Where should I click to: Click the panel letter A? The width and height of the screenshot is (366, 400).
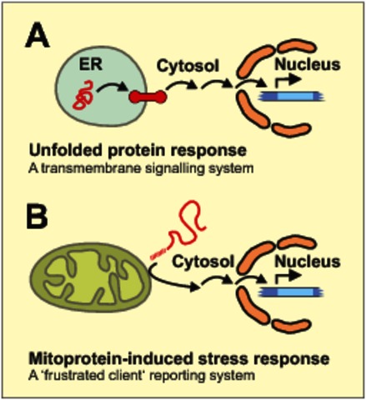(38, 35)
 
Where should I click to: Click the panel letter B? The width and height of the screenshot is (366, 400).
(37, 217)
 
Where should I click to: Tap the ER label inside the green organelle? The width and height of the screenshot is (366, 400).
(91, 65)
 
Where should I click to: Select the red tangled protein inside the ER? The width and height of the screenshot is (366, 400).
(83, 95)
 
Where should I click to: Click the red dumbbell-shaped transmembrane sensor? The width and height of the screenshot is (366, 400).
(148, 97)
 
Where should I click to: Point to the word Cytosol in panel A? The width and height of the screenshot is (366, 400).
(188, 66)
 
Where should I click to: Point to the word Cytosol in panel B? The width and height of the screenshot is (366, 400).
(203, 262)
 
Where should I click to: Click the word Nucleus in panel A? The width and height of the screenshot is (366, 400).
(308, 65)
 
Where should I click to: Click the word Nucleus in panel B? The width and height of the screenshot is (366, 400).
(308, 262)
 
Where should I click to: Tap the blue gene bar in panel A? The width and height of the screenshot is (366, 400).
(291, 97)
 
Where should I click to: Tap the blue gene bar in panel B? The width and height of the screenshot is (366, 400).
(291, 292)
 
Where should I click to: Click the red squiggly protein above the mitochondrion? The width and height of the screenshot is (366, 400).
(181, 233)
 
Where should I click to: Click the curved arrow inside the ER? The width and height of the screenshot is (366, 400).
(112, 85)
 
